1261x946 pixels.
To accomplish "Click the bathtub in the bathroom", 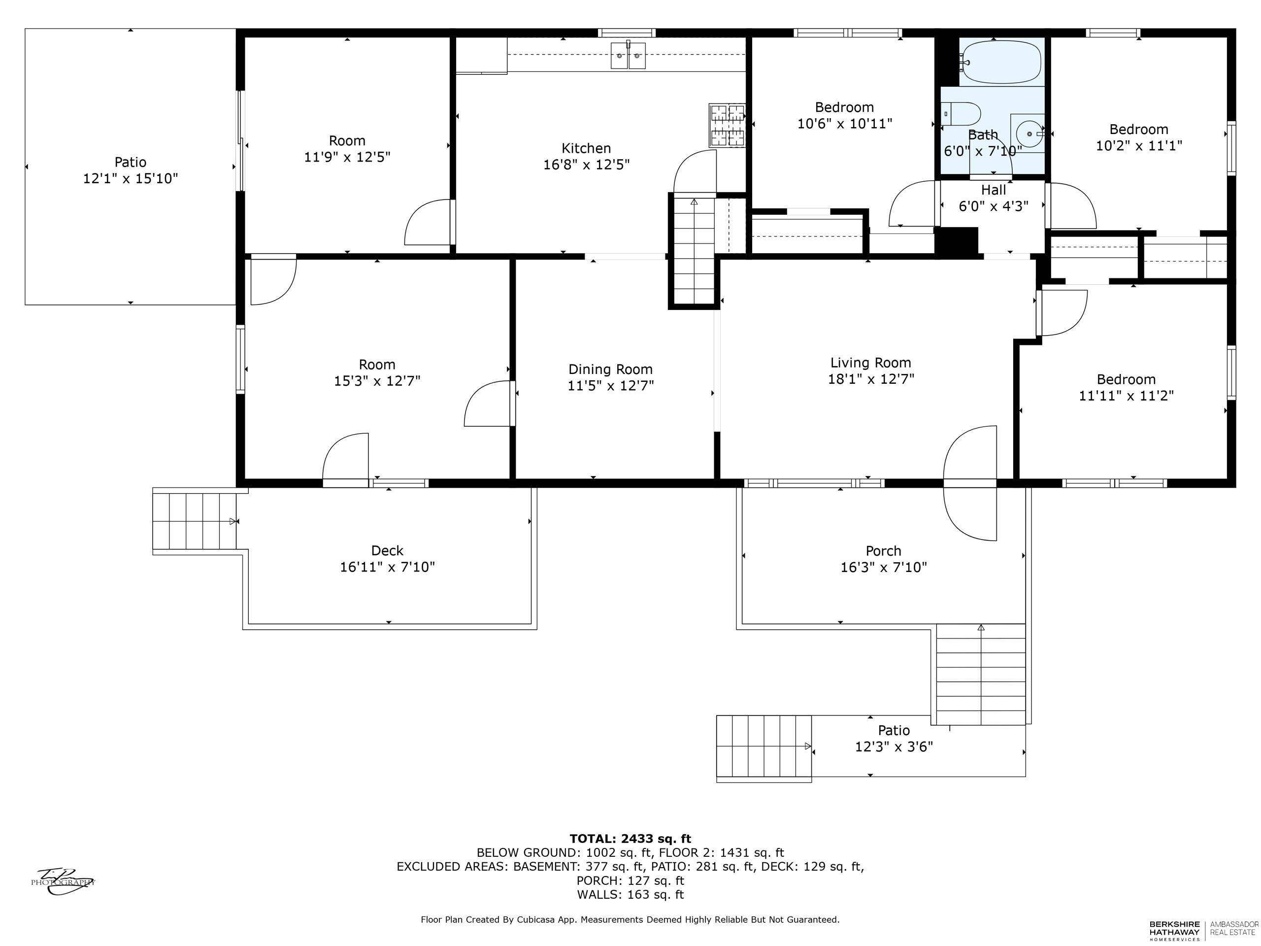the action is tap(1001, 62).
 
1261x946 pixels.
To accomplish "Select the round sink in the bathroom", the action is tap(1028, 134).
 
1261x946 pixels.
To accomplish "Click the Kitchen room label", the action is tap(586, 148).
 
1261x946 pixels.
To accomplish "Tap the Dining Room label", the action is tap(610, 369).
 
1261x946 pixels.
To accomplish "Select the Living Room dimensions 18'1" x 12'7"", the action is tap(871, 378).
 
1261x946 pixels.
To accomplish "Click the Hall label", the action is tap(994, 190).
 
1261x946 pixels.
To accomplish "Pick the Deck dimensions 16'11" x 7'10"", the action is tap(388, 567).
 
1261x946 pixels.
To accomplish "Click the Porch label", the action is tap(884, 551).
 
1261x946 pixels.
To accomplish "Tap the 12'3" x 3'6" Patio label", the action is tap(894, 739).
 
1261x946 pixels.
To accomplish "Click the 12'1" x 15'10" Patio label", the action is tap(131, 170).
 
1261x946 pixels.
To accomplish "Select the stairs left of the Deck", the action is tap(195, 522).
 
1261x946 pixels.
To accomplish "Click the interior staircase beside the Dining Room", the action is tap(694, 251).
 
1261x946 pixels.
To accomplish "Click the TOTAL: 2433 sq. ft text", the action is tap(630, 839).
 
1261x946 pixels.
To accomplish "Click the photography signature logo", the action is tap(62, 880).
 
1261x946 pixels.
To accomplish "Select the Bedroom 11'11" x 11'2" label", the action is tap(1127, 387).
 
